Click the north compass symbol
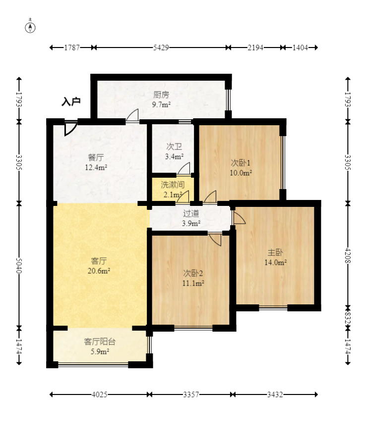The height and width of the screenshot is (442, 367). (x=30, y=27)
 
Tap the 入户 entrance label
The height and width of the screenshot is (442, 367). (x=71, y=101)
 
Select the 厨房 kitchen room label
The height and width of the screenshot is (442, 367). (x=161, y=95)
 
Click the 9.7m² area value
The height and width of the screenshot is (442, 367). (x=161, y=105)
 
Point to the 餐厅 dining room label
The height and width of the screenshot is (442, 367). (x=96, y=157)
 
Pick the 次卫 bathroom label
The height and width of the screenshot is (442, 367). (x=174, y=147)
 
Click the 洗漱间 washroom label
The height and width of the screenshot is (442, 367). (x=173, y=185)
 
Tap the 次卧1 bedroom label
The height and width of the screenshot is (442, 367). (x=241, y=163)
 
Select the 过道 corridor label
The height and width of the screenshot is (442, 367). (x=191, y=213)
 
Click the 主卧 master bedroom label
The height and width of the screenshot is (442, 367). (x=275, y=252)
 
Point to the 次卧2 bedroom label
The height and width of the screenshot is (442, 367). (x=193, y=273)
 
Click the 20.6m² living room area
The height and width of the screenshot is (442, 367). (x=99, y=271)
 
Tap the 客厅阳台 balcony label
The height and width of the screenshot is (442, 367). (x=100, y=342)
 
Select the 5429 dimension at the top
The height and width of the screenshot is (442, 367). (x=161, y=48)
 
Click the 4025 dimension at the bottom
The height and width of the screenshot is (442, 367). (x=100, y=394)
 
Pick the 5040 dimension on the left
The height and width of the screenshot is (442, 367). (x=19, y=265)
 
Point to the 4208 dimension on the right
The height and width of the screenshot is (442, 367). (x=348, y=255)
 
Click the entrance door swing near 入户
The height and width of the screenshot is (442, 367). (x=70, y=128)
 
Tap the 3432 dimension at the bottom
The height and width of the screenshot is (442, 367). (x=275, y=394)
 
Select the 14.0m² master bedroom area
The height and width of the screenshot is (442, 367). (x=275, y=263)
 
